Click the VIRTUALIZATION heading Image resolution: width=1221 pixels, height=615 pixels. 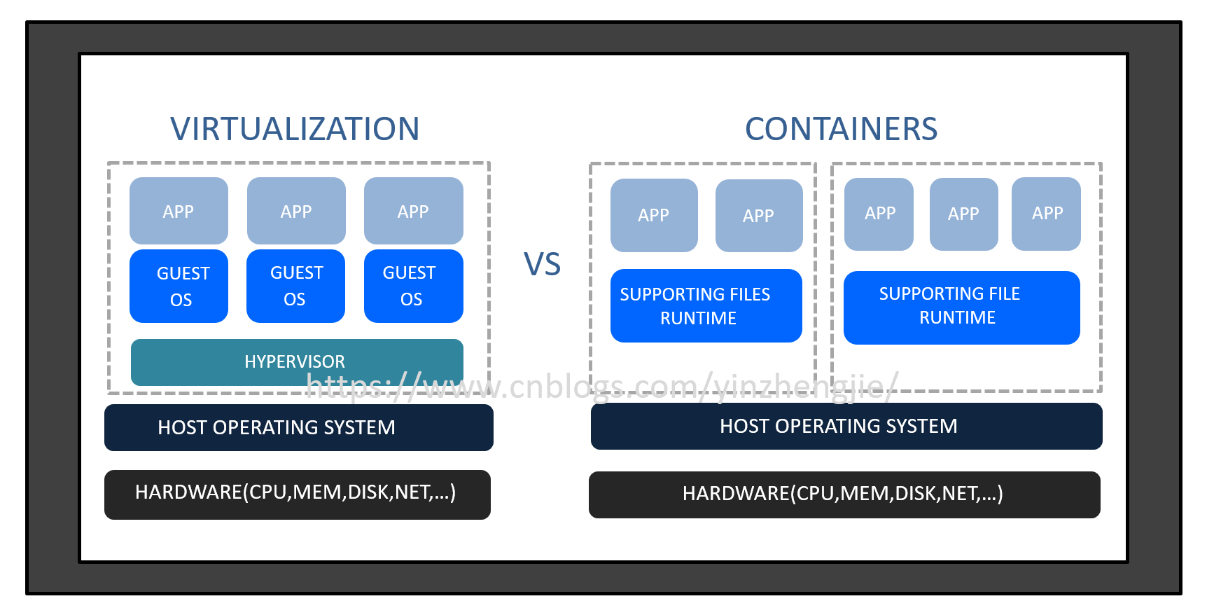tap(295, 129)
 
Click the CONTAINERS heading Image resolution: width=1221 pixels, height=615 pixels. tap(841, 129)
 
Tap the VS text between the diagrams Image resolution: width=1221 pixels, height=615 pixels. tap(542, 264)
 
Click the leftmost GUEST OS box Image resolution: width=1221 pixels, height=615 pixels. tap(179, 286)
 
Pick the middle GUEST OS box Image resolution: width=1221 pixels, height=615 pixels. tap(295, 286)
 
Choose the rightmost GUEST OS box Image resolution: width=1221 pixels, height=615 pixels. tap(413, 286)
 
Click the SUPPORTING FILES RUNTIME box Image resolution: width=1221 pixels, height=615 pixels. tap(706, 305)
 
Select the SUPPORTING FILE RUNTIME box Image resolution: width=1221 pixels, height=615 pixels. tap(961, 307)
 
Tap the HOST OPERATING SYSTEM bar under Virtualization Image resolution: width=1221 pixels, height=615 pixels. tap(298, 427)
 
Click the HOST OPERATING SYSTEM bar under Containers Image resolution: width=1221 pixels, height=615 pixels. tap(846, 426)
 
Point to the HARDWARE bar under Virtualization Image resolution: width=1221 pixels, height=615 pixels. tap(297, 494)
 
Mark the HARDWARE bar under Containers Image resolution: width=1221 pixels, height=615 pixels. tap(844, 495)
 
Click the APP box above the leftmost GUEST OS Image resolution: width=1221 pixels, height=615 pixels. tap(179, 211)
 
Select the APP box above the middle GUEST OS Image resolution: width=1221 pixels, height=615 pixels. tap(296, 211)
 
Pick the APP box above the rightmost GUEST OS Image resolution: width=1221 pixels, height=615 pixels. tap(413, 211)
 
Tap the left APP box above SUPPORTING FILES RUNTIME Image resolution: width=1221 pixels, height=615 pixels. tap(654, 215)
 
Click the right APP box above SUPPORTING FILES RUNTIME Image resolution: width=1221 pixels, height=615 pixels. tap(759, 215)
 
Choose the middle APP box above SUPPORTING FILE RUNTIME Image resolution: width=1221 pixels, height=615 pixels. tap(963, 214)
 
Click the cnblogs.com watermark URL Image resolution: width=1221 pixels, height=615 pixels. tap(602, 386)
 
